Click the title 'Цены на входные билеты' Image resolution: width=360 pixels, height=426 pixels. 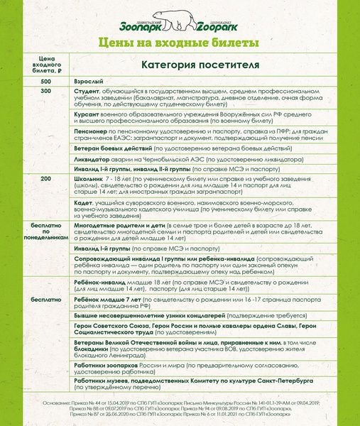[179, 43]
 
